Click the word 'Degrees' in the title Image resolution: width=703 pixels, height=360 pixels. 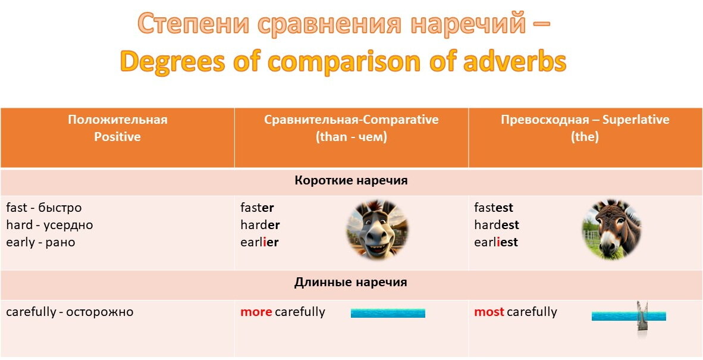pos(172,61)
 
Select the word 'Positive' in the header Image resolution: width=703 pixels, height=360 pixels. pos(118,137)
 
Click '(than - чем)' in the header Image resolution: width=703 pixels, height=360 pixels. pos(351,137)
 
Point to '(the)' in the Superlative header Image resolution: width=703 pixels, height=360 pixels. pos(585,137)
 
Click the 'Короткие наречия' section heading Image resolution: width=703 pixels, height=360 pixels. pos(351,181)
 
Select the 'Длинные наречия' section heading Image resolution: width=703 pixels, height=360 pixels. pos(351,283)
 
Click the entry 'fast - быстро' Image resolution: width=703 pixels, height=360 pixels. pos(44,208)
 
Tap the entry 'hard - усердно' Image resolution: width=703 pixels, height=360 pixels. pos(49,225)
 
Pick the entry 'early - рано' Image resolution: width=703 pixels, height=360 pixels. pos(41,243)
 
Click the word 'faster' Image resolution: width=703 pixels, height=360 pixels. pos(257,208)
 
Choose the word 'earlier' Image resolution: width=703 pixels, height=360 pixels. pos(259,243)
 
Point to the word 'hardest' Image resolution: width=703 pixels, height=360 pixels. pos(496,225)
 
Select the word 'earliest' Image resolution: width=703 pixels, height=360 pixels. pos(496,243)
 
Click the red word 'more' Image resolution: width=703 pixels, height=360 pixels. pos(256,312)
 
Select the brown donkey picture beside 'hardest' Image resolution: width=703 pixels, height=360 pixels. pos(611,230)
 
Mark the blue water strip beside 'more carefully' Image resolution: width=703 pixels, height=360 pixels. pos(388,313)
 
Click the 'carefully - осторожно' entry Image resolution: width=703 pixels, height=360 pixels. pos(70,312)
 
